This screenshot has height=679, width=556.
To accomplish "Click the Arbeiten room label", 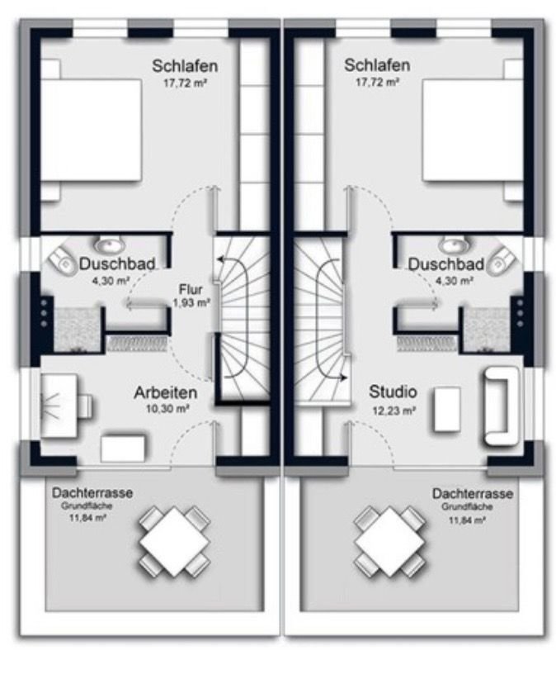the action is [166, 392].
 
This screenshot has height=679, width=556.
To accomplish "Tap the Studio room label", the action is [393, 392].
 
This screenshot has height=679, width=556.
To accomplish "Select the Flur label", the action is [191, 289].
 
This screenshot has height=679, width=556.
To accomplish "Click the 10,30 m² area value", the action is [167, 409].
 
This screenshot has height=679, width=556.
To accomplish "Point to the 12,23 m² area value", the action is [393, 411].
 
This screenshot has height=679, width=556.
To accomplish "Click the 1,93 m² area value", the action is [191, 302].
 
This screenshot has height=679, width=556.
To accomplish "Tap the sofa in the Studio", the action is [500, 406].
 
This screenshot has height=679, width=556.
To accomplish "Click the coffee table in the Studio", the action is [446, 409].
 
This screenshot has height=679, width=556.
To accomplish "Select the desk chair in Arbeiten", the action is [85, 406].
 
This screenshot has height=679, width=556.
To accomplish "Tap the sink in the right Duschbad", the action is [454, 245].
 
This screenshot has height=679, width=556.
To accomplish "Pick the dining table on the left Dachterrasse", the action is [175, 542].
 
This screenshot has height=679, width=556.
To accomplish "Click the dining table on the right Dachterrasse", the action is [390, 542].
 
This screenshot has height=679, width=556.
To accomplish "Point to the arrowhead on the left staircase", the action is [220, 260].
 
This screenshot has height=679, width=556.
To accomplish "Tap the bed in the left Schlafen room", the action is [92, 130].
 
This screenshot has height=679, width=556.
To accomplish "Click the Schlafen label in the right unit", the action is [377, 65].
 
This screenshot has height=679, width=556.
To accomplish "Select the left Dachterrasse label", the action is [92, 493].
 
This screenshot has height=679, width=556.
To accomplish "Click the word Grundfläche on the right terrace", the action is [467, 506].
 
